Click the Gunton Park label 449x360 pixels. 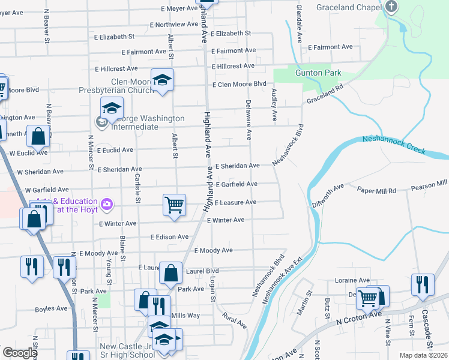point(318,73)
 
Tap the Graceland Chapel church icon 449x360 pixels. point(391,7)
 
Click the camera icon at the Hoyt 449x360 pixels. point(107,204)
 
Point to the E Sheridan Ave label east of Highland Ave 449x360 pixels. point(238,166)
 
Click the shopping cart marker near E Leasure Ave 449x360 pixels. point(174,204)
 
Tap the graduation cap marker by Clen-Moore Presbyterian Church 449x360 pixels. point(162,80)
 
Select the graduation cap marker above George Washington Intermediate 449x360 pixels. point(112,109)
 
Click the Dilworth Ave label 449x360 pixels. point(328,196)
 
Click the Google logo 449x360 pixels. point(20,353)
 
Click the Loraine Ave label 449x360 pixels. point(352,280)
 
